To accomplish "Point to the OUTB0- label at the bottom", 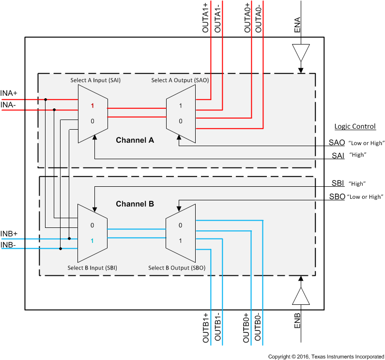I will point(258,328).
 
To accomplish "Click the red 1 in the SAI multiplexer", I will point(92,105).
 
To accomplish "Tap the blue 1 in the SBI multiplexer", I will point(92,240).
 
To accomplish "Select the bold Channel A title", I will point(135,140).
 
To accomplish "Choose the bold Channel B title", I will point(135,204).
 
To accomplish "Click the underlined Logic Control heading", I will point(355,126).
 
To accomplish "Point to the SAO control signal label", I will point(337,143).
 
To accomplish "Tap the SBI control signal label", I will point(338,183).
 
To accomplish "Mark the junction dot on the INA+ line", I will point(46,100).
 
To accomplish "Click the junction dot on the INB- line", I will point(61,249).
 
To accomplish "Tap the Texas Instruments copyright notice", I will point(325,356).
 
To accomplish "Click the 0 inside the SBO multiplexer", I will point(180,225).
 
